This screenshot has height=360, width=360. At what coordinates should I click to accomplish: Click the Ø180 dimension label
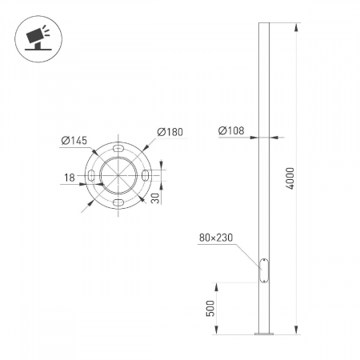(170, 132)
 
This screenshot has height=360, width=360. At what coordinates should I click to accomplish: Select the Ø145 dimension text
(74, 140)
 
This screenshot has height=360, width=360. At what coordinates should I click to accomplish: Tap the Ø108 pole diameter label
(231, 130)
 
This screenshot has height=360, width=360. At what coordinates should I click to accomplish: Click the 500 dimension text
(210, 309)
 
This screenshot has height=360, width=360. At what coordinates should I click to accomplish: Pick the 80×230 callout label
(216, 238)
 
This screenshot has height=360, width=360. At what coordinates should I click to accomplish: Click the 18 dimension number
(70, 178)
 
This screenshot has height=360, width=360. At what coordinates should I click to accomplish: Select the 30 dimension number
(155, 198)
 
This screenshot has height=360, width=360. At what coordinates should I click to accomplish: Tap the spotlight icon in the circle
(38, 39)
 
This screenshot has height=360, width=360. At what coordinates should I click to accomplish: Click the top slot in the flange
(118, 148)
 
